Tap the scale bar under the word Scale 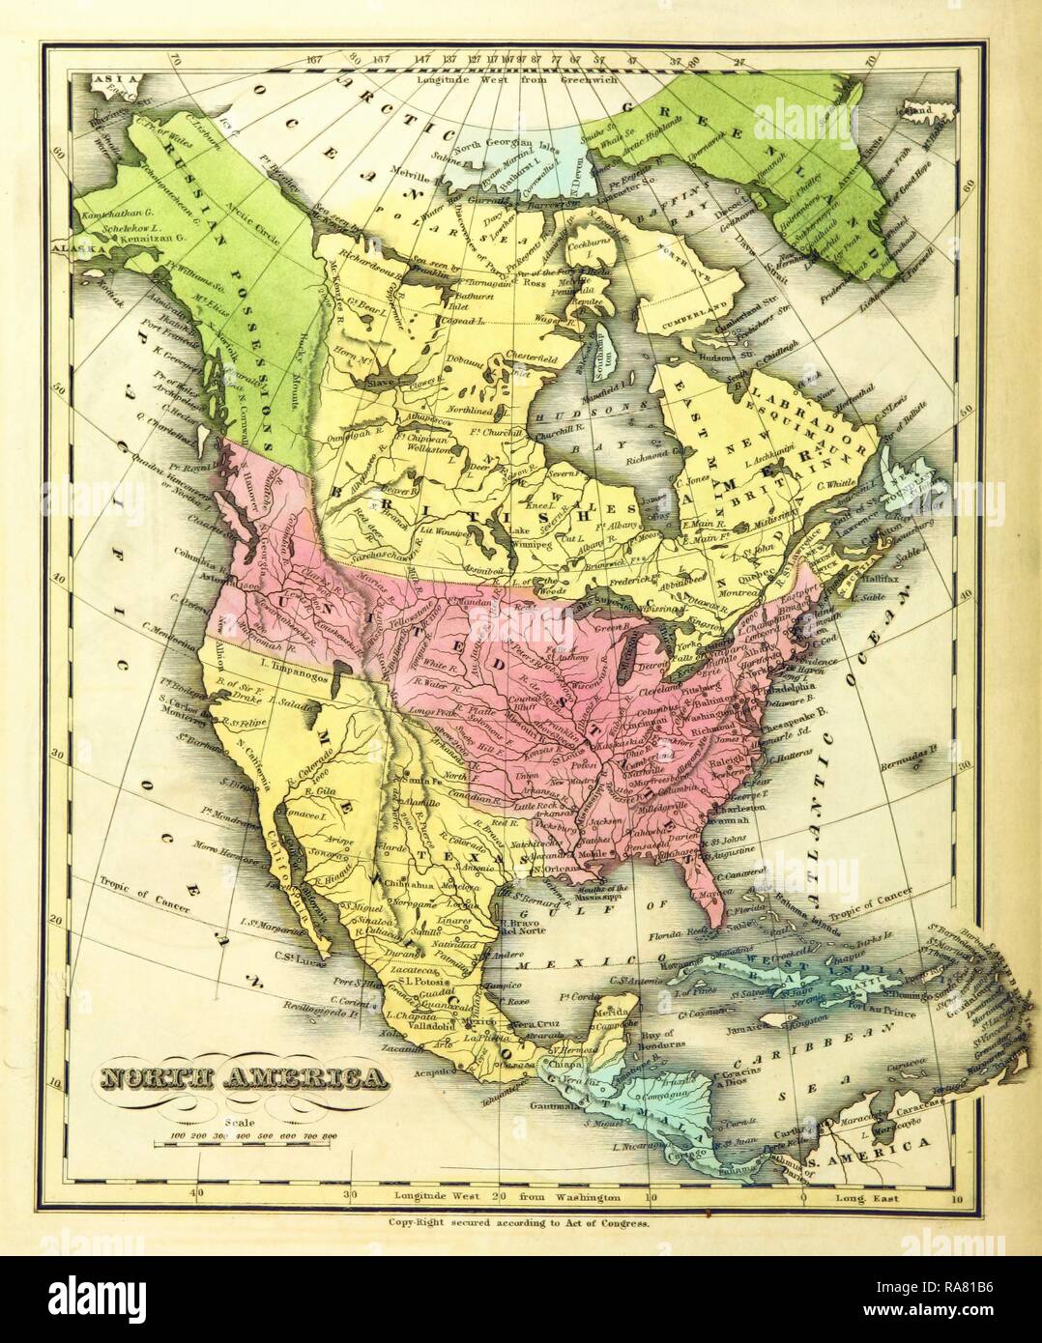coord(253,1143)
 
